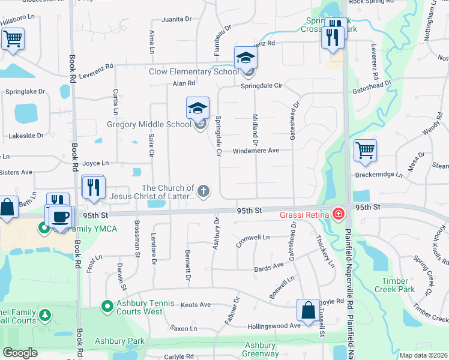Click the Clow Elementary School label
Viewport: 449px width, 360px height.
pyautogui.click(x=194, y=71)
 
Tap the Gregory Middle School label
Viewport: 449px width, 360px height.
pyautogui.click(x=149, y=124)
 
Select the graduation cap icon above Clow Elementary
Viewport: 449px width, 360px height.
pyautogui.click(x=246, y=58)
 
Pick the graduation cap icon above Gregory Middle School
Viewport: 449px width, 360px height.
pyautogui.click(x=197, y=109)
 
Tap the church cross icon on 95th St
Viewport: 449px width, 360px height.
pyautogui.click(x=203, y=191)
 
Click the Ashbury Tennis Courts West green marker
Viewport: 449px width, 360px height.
pyautogui.click(x=107, y=307)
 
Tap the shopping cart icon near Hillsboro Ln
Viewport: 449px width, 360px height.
pyautogui.click(x=13, y=40)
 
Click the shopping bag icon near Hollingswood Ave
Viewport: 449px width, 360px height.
pyautogui.click(x=308, y=311)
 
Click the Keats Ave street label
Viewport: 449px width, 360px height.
pyautogui.click(x=196, y=305)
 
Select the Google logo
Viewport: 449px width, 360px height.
pyautogui.click(x=20, y=353)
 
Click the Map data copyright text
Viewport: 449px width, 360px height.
pyautogui.click(x=423, y=355)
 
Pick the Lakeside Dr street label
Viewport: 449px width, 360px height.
pyautogui.click(x=26, y=136)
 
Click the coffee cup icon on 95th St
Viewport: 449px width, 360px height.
pyautogui.click(x=60, y=216)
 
